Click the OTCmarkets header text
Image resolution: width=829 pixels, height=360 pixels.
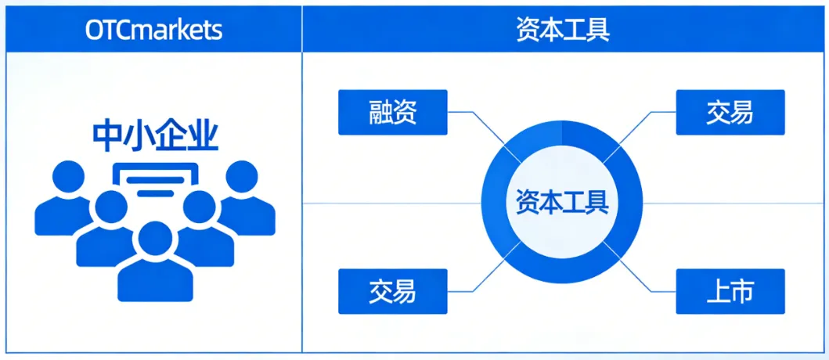[153, 30]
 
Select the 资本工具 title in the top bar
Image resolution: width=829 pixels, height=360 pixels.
[563, 30]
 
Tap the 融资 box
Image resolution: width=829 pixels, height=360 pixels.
[392, 112]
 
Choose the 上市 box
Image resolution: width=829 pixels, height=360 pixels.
[730, 291]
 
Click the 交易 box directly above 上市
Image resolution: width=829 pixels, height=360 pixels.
[730, 112]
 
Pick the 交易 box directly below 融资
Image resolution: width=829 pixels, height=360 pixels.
[392, 291]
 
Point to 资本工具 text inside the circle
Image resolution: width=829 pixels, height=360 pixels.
[562, 202]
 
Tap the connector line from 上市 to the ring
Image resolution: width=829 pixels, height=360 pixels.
[646, 278]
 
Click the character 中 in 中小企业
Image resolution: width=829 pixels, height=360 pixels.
[106, 135]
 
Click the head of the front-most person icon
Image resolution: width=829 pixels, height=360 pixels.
[153, 239]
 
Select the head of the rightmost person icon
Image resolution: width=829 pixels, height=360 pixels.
[242, 177]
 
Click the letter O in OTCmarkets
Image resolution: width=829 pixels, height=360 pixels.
[93, 30]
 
